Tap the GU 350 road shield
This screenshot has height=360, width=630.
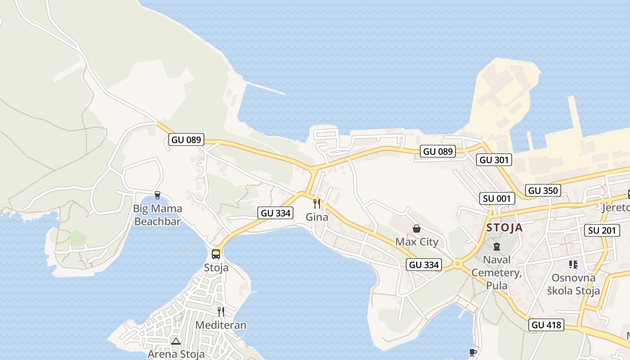543,190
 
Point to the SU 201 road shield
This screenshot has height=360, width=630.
601,230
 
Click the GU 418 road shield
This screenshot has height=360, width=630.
547,324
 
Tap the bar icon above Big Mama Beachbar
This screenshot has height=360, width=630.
157,195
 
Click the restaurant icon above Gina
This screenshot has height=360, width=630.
317,204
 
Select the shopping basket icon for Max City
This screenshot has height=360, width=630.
417,229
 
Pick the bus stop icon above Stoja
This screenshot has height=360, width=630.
216,254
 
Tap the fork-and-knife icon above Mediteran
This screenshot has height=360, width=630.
220,311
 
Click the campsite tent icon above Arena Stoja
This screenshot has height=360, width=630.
175,341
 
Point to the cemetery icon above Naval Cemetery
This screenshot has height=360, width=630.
496,247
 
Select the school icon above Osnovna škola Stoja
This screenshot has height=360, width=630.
573,264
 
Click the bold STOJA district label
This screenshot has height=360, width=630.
504,228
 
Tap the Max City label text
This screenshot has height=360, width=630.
417,242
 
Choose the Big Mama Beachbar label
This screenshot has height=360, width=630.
157,215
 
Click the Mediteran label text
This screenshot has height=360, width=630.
220,325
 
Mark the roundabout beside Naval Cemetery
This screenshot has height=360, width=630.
458,264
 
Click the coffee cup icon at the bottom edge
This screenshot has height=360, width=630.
472,352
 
